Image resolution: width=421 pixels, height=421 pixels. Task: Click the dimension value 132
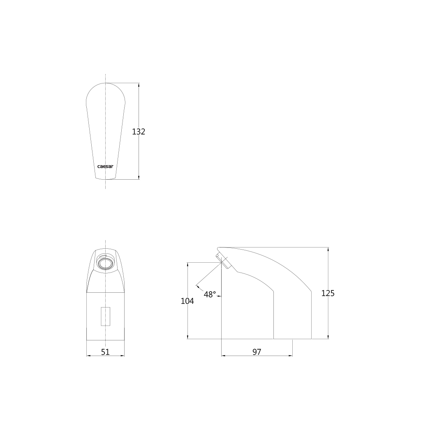coord(139,132)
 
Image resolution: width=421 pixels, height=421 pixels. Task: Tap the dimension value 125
coord(328,293)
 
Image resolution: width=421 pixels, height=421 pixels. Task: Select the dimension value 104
coord(187,301)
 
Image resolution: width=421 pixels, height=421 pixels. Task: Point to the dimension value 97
coord(257,352)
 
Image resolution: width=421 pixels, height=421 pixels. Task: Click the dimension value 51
coord(105,352)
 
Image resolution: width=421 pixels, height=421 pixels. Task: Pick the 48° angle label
coord(210,294)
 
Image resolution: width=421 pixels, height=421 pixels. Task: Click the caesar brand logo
coord(105,167)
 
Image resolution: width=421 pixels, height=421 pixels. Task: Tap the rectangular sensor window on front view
coord(106,316)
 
